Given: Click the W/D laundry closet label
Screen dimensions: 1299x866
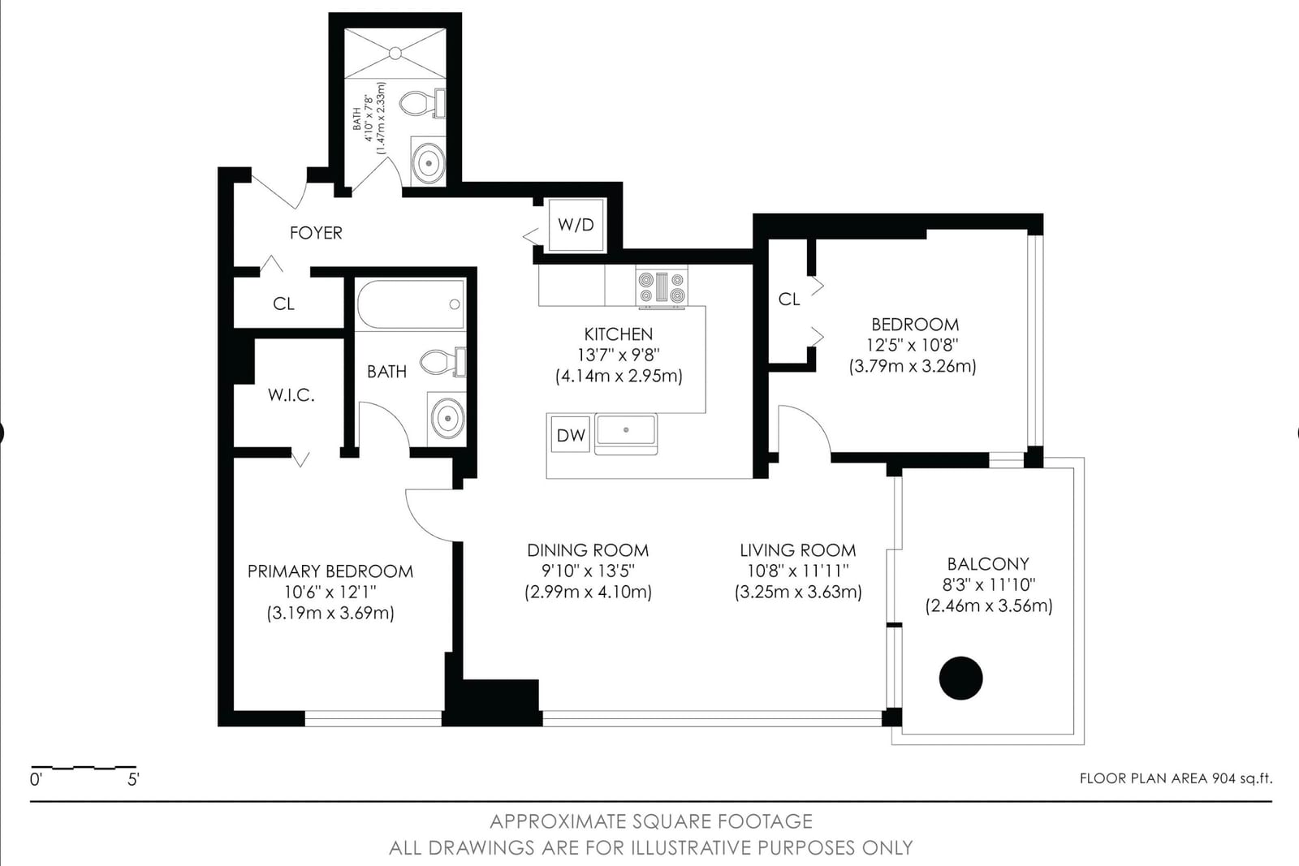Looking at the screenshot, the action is (x=576, y=225).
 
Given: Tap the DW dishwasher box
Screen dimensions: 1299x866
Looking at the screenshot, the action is (x=571, y=435).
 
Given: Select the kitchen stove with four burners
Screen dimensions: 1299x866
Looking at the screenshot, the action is (x=662, y=287).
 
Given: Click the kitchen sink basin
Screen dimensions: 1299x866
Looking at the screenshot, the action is (x=626, y=429).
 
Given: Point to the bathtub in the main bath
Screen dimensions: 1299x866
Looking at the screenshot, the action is (x=411, y=305).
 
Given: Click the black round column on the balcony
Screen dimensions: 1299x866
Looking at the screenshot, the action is (x=961, y=679).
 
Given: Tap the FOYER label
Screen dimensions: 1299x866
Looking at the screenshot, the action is (x=316, y=233).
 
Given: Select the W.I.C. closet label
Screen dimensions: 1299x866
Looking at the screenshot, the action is (x=291, y=395).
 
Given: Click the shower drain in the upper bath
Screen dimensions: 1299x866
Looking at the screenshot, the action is (x=395, y=54).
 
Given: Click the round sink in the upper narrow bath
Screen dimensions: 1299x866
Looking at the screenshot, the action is (x=429, y=163).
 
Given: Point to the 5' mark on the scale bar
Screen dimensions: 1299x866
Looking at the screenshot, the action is (x=133, y=780).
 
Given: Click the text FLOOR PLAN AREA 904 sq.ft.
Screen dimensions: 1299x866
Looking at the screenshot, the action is (x=1176, y=778).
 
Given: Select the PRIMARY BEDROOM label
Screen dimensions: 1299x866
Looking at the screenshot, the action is (x=330, y=571).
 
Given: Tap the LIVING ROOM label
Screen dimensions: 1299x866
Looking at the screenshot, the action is (x=798, y=550).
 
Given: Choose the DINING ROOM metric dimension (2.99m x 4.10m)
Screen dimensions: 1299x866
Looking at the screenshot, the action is (x=589, y=592).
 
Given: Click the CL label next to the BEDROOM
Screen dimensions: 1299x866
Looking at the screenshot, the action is (x=789, y=299).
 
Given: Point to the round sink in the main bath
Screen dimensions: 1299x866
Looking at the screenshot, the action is (x=447, y=417).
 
